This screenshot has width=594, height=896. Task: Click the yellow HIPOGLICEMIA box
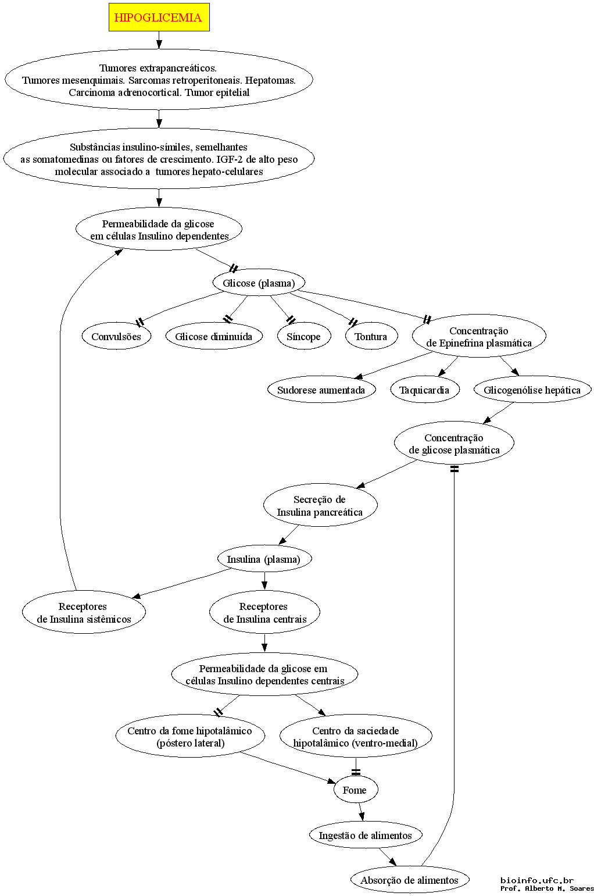(159, 17)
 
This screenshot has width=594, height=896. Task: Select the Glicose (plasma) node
(259, 283)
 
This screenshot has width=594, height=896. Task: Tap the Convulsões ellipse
(116, 337)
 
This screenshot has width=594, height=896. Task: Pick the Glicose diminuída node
(214, 337)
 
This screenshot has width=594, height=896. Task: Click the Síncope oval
(304, 337)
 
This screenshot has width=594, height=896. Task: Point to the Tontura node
(371, 337)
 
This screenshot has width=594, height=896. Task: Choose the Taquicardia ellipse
(424, 390)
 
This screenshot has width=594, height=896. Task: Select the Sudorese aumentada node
(321, 390)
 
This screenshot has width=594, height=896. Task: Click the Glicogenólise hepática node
(532, 390)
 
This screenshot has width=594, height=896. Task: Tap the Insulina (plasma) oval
(264, 559)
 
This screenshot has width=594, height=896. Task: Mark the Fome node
(355, 790)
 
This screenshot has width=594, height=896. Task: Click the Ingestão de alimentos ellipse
(366, 835)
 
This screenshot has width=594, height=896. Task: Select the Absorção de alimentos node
(409, 880)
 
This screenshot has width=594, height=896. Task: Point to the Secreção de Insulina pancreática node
(320, 506)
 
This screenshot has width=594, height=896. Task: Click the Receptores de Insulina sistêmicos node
(84, 612)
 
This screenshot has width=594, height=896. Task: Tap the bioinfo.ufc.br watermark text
(537, 880)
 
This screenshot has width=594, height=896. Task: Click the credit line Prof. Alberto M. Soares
(548, 888)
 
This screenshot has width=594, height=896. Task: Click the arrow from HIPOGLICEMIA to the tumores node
(159, 40)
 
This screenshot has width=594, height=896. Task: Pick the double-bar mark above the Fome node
(355, 772)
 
